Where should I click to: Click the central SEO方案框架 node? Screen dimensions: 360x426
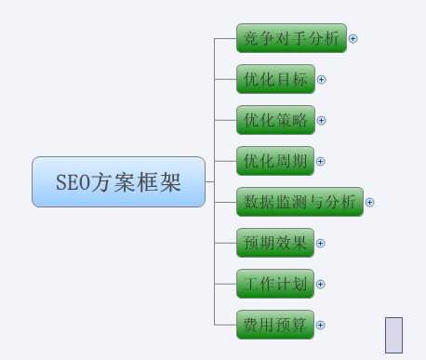[118, 181]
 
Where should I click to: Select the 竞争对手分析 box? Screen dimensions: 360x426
[291, 38]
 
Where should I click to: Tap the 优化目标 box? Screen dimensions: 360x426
[276, 79]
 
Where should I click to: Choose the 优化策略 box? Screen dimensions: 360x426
[276, 120]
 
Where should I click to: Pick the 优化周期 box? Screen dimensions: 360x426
[276, 161]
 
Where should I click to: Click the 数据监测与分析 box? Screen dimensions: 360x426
[299, 202]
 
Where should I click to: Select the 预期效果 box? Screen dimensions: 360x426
[276, 243]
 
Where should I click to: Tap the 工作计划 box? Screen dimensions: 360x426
[276, 284]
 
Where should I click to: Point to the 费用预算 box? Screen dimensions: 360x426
[276, 325]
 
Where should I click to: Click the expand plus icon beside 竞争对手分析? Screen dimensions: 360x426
[353, 39]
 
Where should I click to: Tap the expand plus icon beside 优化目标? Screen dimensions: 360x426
[322, 80]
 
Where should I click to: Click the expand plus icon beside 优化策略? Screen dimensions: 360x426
[322, 121]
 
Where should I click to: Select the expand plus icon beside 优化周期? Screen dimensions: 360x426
[321, 162]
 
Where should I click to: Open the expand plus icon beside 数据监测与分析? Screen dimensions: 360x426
[369, 203]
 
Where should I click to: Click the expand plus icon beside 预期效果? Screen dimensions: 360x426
[321, 244]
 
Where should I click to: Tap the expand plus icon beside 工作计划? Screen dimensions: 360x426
[321, 285]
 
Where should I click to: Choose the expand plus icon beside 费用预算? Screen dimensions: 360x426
[321, 326]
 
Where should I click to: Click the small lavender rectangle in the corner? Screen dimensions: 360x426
[393, 335]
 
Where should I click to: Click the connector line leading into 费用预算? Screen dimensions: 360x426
[225, 325]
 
